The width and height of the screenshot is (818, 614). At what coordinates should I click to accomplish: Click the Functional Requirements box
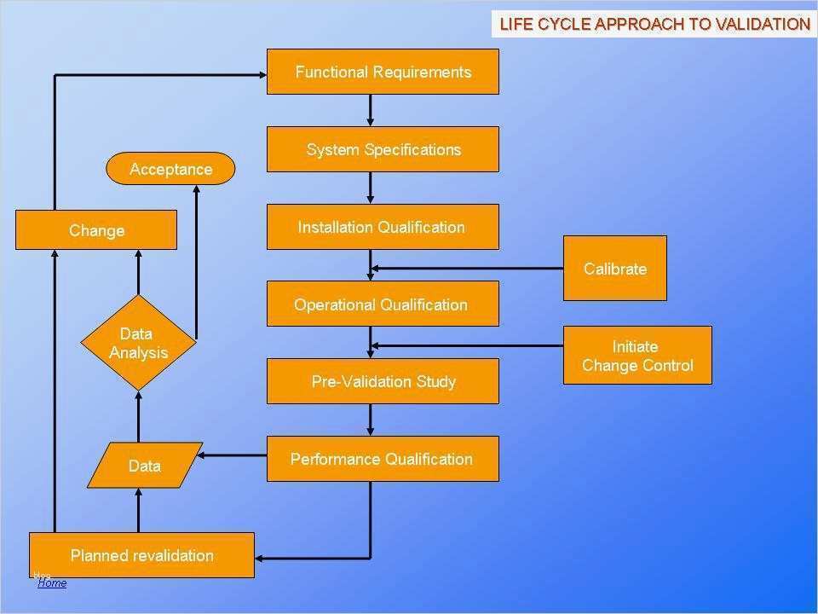pos(383,72)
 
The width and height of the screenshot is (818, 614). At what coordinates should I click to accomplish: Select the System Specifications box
pos(383,149)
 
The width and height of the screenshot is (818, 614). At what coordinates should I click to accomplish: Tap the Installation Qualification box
pos(383,227)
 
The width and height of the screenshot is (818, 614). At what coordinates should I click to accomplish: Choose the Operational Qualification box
pos(383,304)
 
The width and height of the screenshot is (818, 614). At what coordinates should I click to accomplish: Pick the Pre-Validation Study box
pos(383,381)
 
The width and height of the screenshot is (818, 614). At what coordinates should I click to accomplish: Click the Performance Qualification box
pos(383,459)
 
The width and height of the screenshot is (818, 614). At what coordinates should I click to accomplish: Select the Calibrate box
pos(614,269)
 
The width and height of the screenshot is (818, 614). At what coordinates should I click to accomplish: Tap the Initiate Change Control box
pos(637,356)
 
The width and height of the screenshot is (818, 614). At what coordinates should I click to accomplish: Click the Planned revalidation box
pos(141,555)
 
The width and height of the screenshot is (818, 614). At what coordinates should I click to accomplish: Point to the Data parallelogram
pos(145,466)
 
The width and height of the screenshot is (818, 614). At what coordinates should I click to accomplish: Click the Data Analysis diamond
pos(138,343)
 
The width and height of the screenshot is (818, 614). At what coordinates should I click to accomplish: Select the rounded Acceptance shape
pos(170,169)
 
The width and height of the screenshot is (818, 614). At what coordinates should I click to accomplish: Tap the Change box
pos(96,230)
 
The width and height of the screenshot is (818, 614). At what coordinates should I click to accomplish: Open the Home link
pos(52,583)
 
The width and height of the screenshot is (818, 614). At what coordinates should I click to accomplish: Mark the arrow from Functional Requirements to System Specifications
pos(371,110)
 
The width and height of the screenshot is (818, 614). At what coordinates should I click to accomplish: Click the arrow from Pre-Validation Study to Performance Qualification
pos(371,420)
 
